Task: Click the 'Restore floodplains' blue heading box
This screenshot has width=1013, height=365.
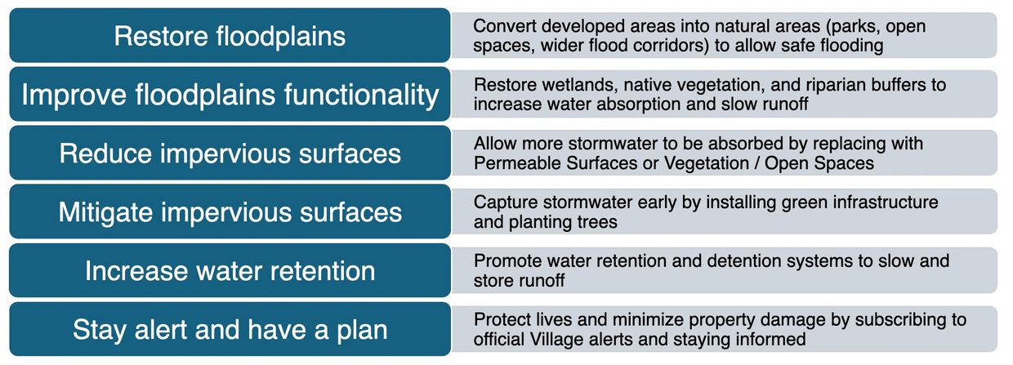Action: click(230, 35)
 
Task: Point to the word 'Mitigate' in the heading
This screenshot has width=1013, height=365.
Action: click(105, 212)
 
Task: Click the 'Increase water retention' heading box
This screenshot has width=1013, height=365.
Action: click(230, 270)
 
